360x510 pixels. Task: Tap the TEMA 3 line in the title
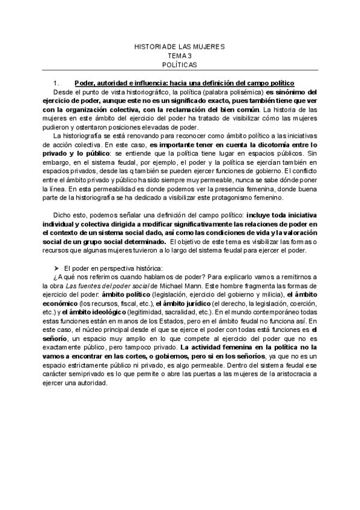(179, 55)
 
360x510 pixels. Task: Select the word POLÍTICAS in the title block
(179, 64)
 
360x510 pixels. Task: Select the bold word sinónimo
(293, 92)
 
